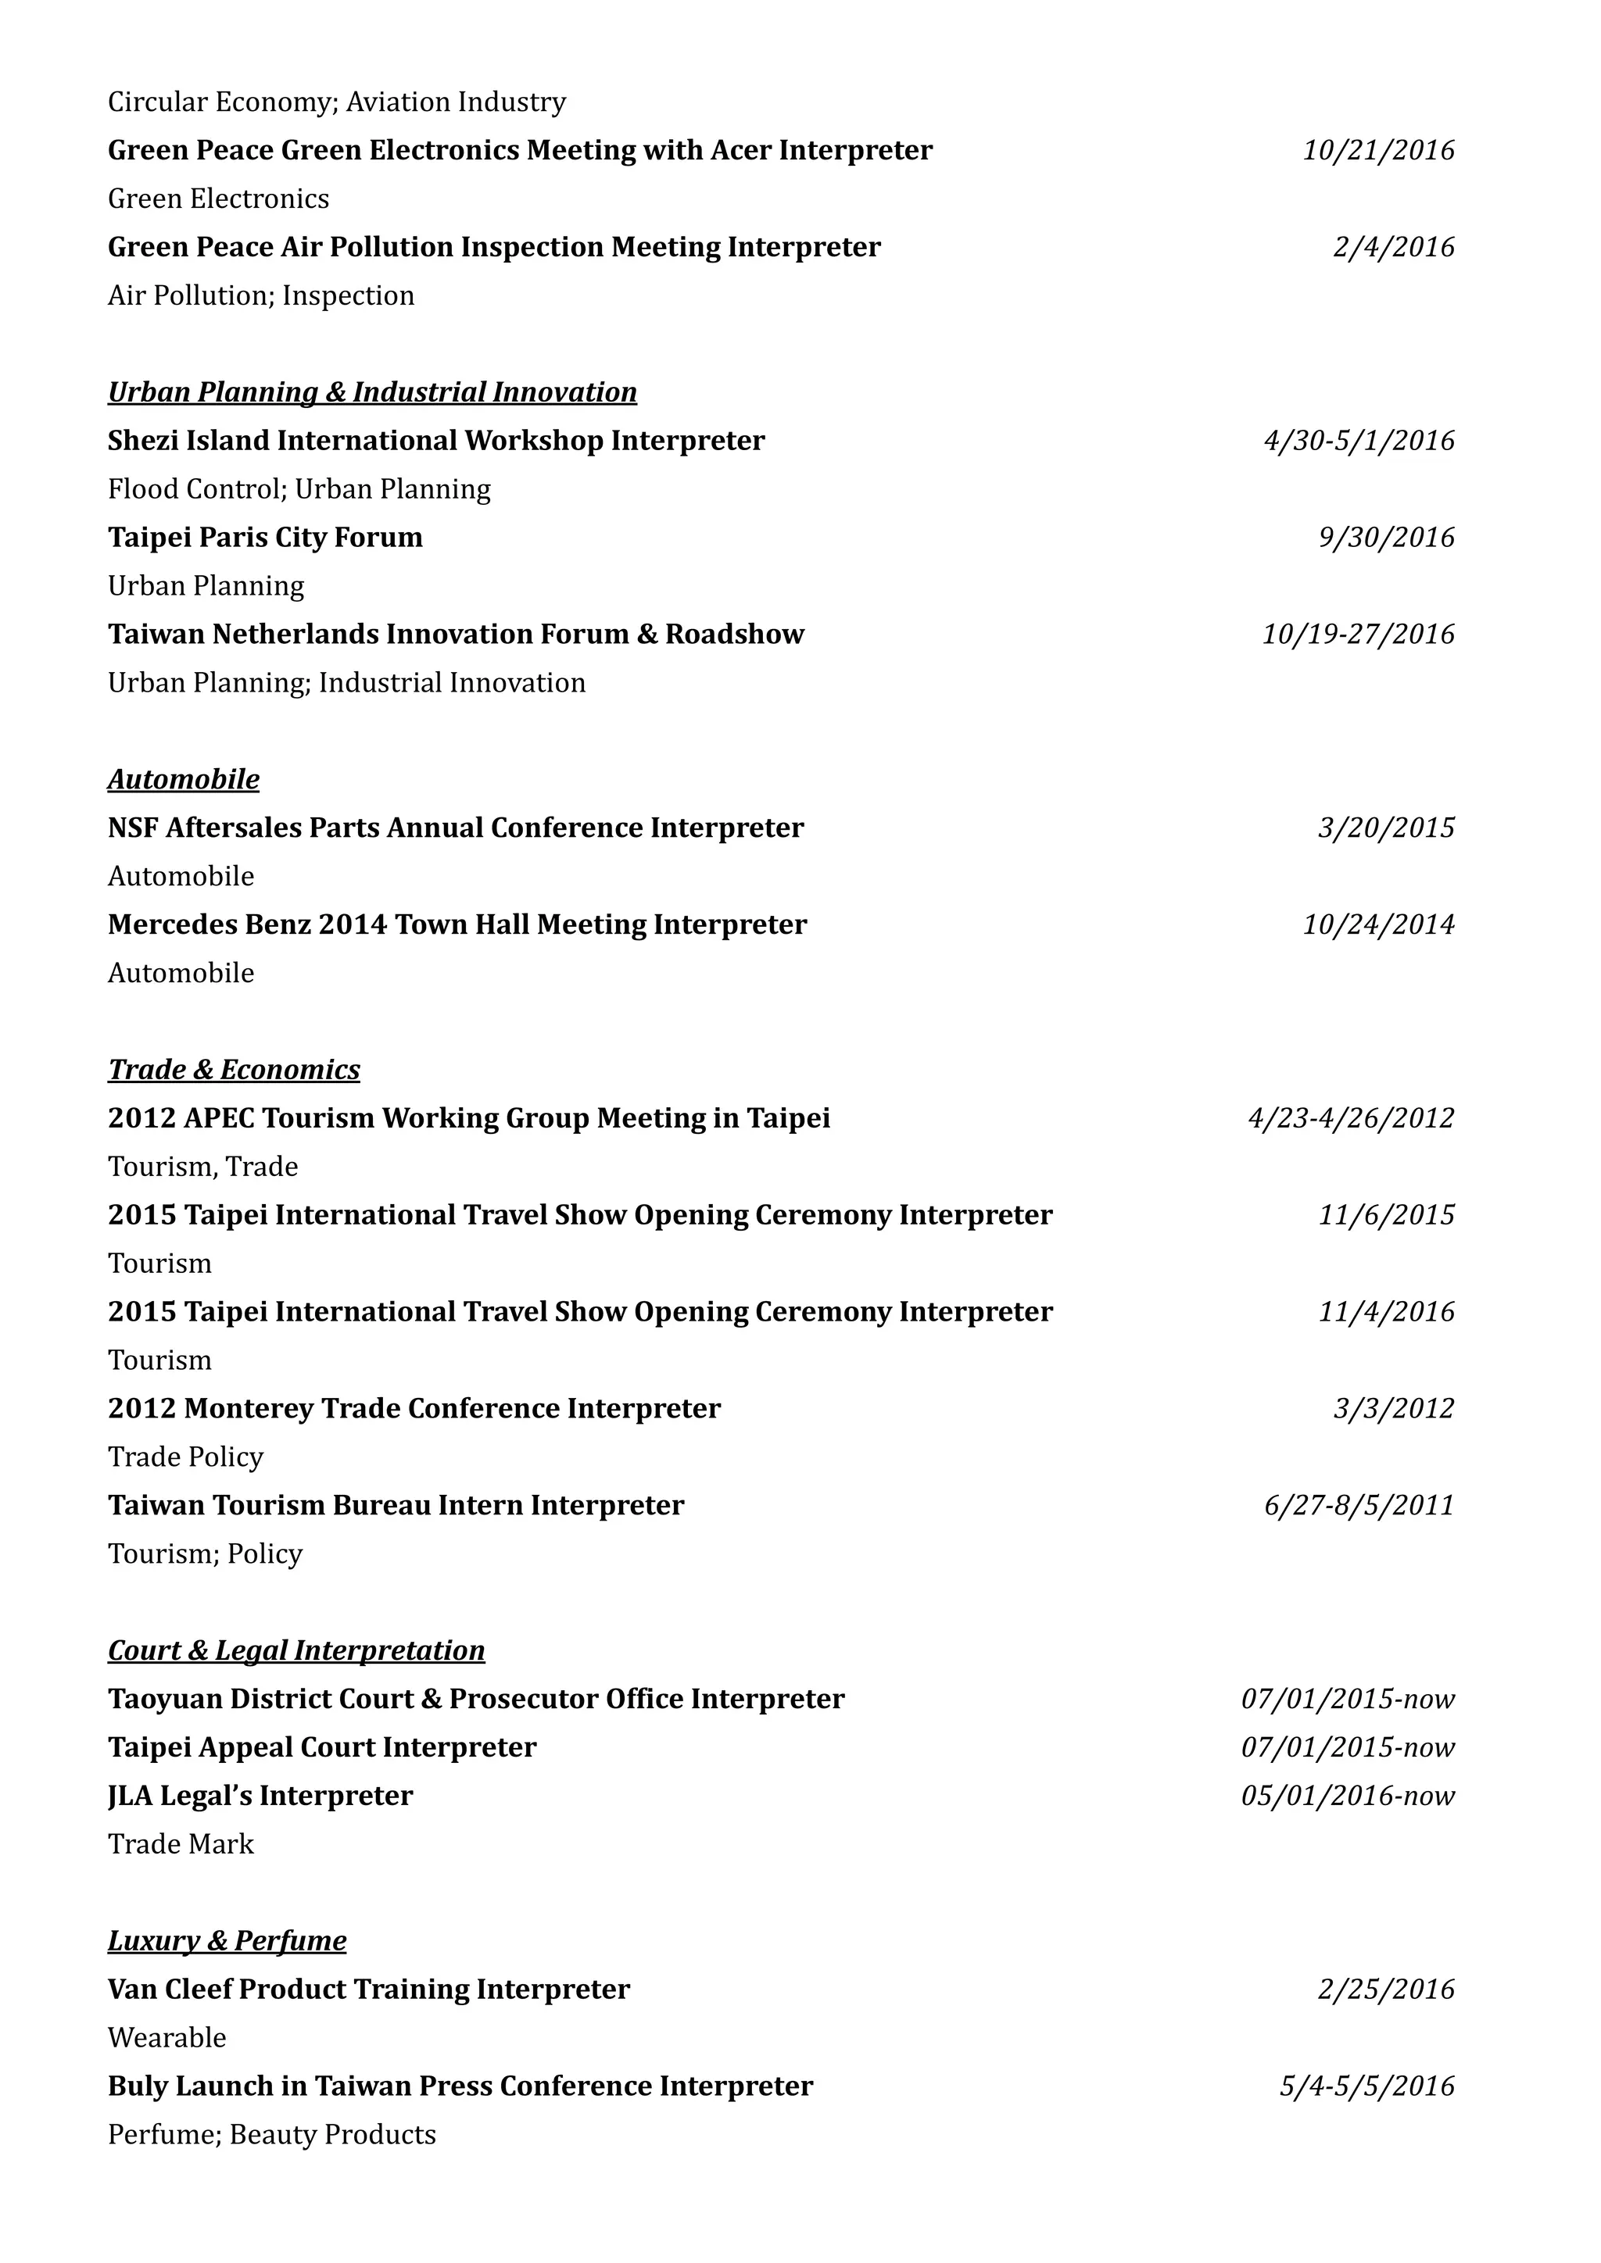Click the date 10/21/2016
1378,151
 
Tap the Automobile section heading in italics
184,780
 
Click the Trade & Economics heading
234,1071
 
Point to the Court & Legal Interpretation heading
295,1651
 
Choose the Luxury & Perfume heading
227,1941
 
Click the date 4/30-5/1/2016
1359,441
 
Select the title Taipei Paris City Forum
265,537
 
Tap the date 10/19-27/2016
1359,634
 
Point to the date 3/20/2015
1386,828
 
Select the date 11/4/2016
1386,1312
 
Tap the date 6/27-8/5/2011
1359,1505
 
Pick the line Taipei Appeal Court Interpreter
321,1747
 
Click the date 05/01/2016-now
1348,1796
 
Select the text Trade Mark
181,1844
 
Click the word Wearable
167,2037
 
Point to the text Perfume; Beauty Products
271,2134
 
